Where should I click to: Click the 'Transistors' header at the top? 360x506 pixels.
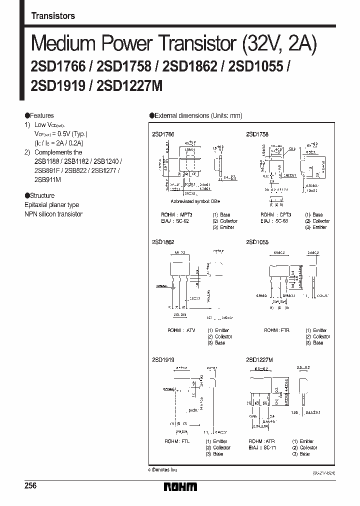(53, 16)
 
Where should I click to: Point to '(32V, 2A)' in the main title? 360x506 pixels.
(280, 45)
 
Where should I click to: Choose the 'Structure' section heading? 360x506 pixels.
(40, 195)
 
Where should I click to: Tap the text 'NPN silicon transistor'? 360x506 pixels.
(53, 214)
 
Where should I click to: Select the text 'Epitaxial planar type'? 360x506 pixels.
(52, 205)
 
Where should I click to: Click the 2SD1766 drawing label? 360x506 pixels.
(162, 134)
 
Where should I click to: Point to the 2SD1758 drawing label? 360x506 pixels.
(257, 134)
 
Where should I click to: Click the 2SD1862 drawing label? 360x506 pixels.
(162, 242)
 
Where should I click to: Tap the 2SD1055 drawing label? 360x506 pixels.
(257, 242)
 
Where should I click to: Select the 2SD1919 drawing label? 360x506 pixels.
(162, 360)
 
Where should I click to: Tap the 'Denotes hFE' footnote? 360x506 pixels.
(164, 470)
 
